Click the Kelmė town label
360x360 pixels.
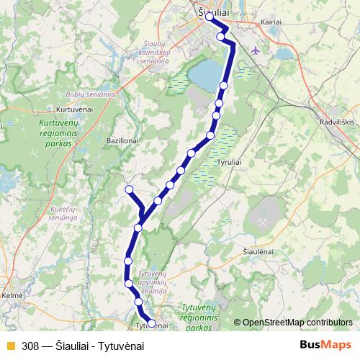pyautogui.click(x=12, y=295)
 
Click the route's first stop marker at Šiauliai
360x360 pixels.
pyautogui.click(x=209, y=17)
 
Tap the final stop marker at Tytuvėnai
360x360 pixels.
pyautogui.click(x=151, y=322)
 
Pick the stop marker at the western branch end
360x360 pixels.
pyautogui.click(x=130, y=189)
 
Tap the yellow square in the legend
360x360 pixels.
pyautogui.click(x=10, y=346)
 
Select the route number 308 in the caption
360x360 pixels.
pyautogui.click(x=30, y=346)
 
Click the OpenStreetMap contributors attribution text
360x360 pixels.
pyautogui.click(x=297, y=323)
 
